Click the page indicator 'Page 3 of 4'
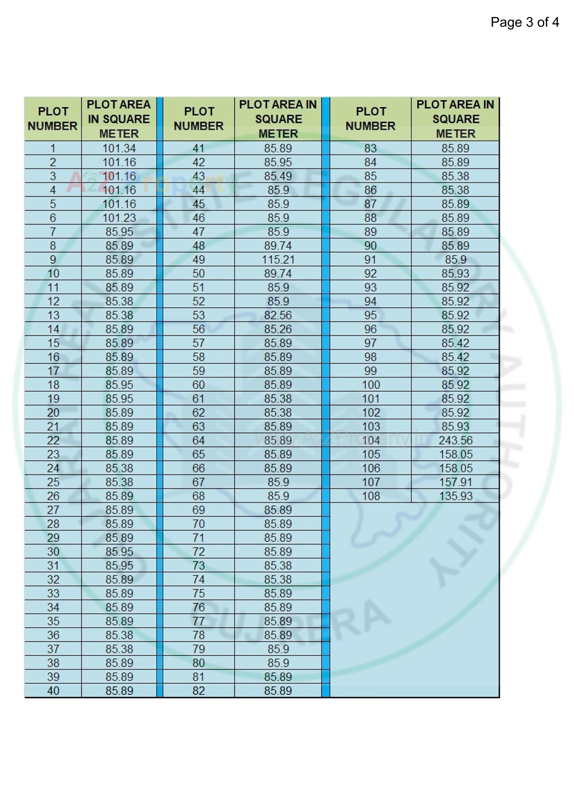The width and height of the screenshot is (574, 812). point(524,22)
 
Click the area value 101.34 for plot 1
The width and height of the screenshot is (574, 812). point(119,148)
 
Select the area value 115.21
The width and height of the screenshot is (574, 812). point(278,259)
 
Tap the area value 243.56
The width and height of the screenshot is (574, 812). point(456,440)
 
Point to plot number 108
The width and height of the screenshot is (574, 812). point(370,496)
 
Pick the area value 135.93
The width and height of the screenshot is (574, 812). point(456,496)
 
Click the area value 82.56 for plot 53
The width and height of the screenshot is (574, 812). point(278,315)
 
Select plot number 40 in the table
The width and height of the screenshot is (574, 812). point(53,691)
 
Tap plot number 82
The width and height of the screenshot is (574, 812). point(198,691)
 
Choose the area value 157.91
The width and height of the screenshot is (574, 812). point(456,482)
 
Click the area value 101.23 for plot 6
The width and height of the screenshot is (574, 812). point(119,218)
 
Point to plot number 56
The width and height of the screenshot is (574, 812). point(198,329)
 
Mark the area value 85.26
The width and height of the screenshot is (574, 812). point(278,329)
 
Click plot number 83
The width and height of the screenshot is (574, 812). point(370,148)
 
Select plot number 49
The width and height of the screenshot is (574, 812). point(198,259)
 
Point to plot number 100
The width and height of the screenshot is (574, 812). point(370,385)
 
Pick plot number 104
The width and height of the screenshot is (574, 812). point(370,440)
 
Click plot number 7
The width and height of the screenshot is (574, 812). point(53,232)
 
